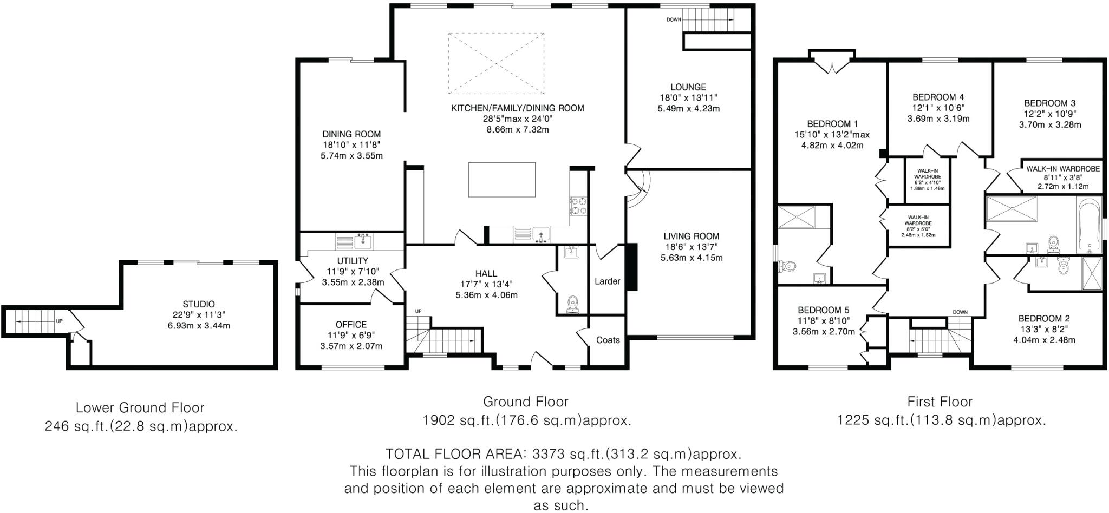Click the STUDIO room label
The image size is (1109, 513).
pyautogui.click(x=198, y=304)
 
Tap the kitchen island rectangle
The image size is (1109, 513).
pyautogui.click(x=501, y=180)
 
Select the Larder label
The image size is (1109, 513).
pyautogui.click(x=607, y=281)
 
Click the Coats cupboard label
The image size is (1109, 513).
pyautogui.click(x=608, y=340)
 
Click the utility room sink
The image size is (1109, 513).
pyautogui.click(x=363, y=240)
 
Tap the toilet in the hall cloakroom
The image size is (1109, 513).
pyautogui.click(x=572, y=304)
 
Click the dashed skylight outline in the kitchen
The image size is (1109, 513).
pyautogui.click(x=495, y=63)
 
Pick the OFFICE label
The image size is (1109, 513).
pyautogui.click(x=351, y=325)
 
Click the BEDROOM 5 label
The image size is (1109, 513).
pyautogui.click(x=823, y=310)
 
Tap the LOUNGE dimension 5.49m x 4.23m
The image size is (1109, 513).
pyautogui.click(x=688, y=109)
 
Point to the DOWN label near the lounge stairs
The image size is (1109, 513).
pyautogui.click(x=674, y=19)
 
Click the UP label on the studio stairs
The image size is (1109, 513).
pyautogui.click(x=59, y=321)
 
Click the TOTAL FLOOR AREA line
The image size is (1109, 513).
pyautogui.click(x=563, y=453)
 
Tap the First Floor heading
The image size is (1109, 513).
pyautogui.click(x=940, y=402)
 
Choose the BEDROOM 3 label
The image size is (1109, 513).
pyautogui.click(x=1049, y=103)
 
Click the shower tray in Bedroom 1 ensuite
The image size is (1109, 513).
pyautogui.click(x=796, y=216)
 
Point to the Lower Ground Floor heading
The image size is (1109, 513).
pyautogui.click(x=140, y=407)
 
